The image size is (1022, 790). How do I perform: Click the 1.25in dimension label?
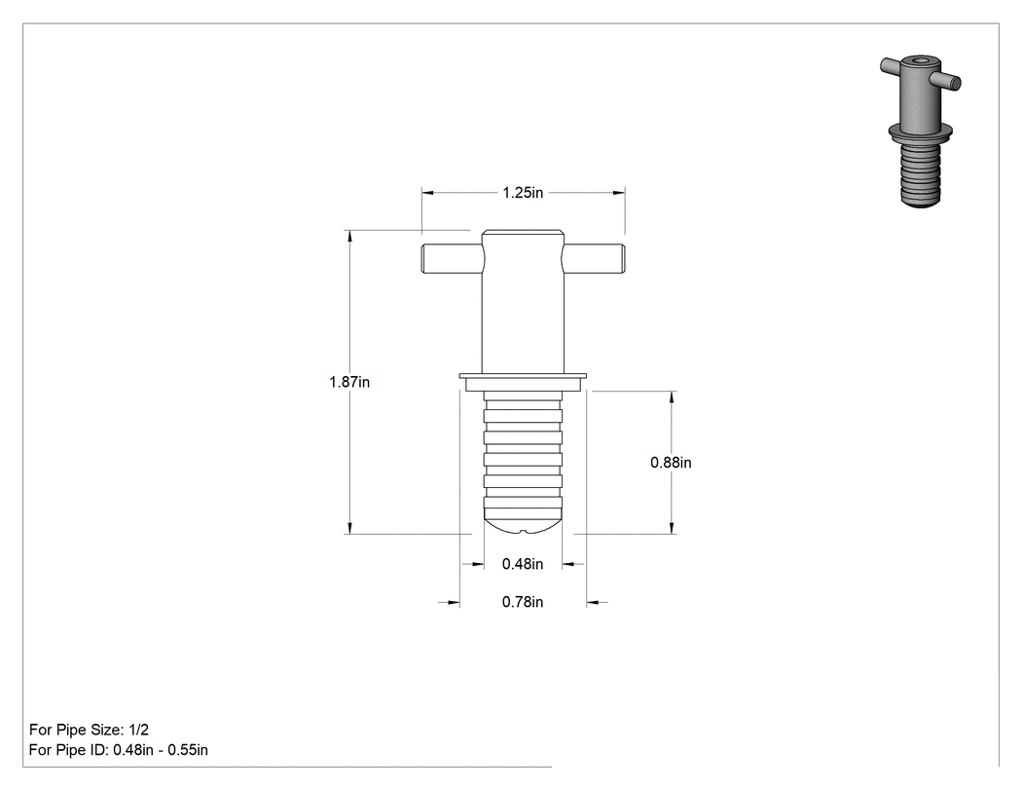pos(523,193)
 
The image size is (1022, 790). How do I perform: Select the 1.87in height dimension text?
pos(349,382)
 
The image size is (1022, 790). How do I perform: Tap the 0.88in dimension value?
pos(671,463)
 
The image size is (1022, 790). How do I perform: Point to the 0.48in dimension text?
pos(523,564)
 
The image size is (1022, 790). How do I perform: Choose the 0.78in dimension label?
pos(523,601)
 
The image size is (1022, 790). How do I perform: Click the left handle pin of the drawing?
pos(453,259)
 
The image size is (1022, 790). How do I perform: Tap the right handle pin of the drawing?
pos(593,258)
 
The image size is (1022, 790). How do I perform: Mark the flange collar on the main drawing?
pos(523,382)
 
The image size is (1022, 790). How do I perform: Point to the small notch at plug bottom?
pos(523,532)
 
